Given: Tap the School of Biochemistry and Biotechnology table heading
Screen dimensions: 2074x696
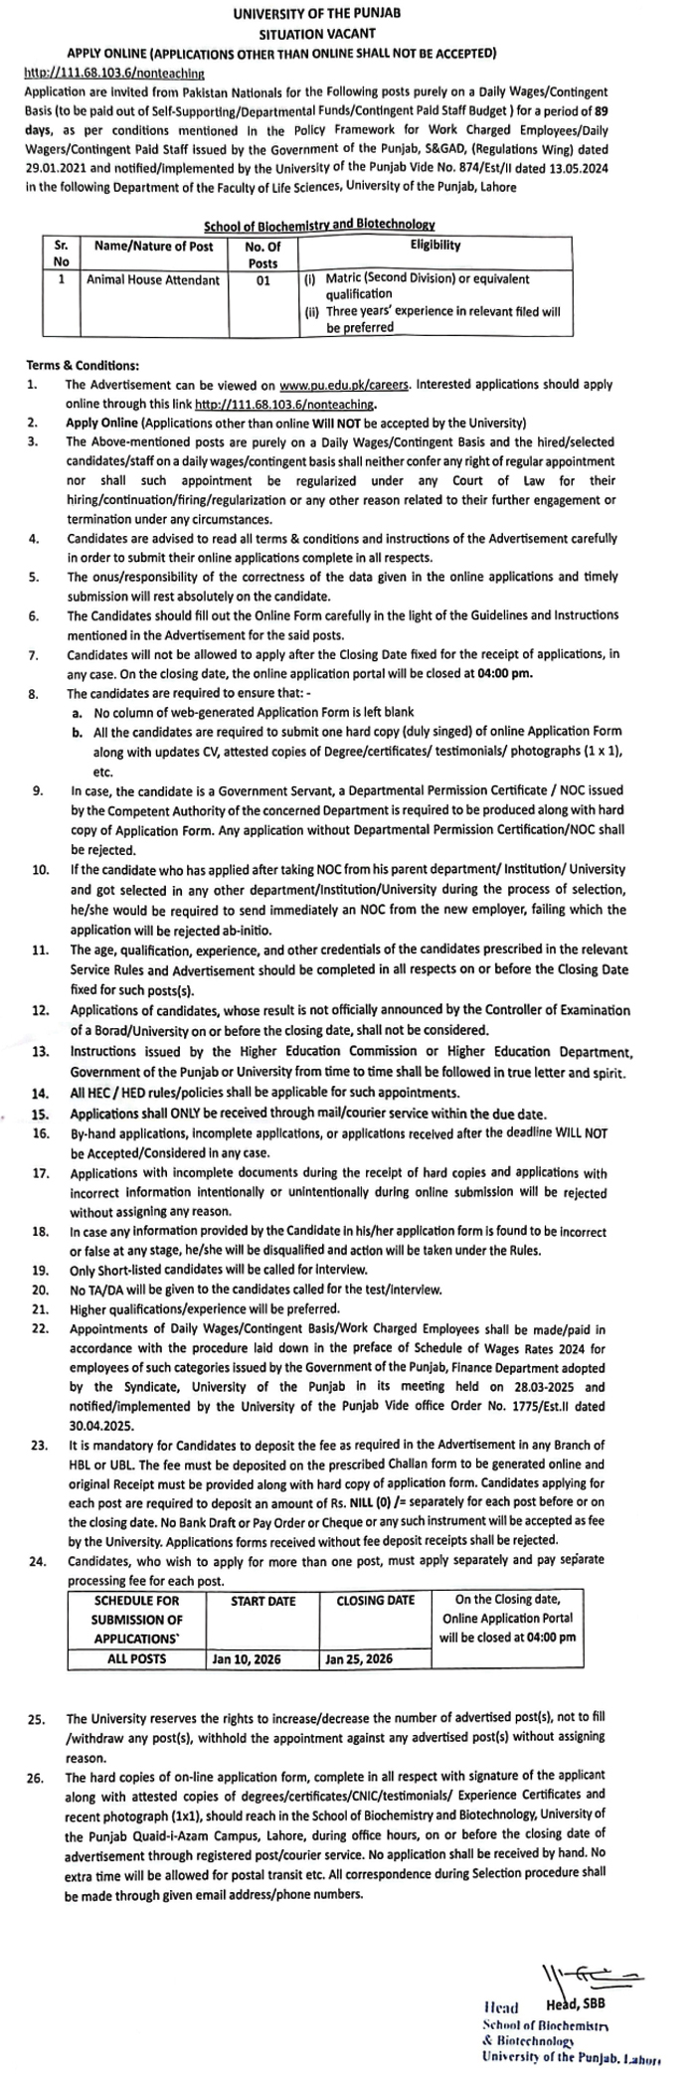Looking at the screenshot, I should (319, 227).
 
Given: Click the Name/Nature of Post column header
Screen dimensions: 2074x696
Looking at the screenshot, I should (153, 246).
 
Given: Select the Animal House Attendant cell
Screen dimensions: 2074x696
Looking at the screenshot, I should (153, 280).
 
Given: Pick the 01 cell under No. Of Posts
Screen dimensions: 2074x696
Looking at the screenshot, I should (262, 280).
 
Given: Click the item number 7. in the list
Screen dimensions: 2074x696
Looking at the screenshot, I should (34, 655).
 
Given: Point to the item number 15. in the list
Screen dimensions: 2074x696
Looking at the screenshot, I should (40, 1115).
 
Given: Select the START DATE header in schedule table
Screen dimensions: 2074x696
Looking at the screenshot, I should (262, 1602).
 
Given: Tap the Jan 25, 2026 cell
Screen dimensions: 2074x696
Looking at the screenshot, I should (359, 1659).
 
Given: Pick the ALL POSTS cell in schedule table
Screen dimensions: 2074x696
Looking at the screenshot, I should (137, 1659).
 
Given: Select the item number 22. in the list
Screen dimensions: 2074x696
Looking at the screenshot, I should (40, 1329).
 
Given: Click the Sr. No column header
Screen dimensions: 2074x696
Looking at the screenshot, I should (61, 253).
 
